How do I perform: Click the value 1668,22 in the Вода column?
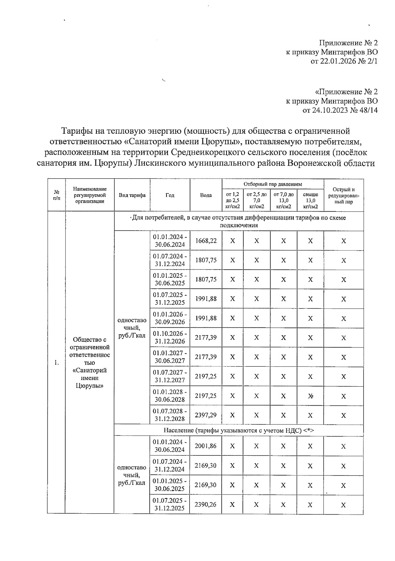tap(206, 241)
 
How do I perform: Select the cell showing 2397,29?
tap(206, 415)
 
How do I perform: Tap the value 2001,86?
tap(206, 446)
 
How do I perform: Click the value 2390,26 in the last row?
tap(206, 504)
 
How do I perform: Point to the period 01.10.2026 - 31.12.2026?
tap(170, 337)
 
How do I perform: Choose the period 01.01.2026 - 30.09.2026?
tap(170, 318)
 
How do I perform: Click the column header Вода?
tap(206, 195)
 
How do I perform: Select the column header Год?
tap(170, 195)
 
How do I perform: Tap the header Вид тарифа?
tap(132, 195)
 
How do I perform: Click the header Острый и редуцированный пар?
tap(344, 195)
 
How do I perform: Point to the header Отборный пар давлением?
tap(273, 184)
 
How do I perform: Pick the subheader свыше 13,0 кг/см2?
tap(310, 200)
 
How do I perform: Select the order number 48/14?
tap(369, 110)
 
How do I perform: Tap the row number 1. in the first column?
tap(57, 363)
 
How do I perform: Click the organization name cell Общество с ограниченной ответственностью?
tap(90, 362)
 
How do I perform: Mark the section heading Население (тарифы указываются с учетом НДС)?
tap(239, 430)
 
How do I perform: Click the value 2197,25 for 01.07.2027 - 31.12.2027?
tap(206, 376)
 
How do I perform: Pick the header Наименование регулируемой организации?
tap(90, 195)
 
